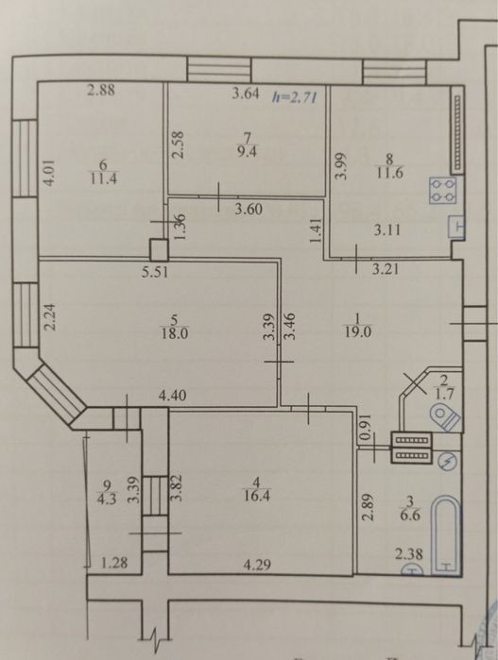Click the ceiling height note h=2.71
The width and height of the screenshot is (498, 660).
(295, 97)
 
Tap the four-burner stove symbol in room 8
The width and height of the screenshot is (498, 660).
(443, 190)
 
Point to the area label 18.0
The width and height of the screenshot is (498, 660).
(174, 334)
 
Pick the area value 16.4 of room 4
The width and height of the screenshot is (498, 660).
(257, 496)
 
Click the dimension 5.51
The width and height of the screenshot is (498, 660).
(155, 273)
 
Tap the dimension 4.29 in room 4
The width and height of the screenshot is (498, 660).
(257, 564)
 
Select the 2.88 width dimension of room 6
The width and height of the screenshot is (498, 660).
(101, 90)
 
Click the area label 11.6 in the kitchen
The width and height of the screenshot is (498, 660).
(389, 173)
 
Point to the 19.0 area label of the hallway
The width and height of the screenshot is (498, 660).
(357, 332)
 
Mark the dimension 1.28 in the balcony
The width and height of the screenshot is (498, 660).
(114, 563)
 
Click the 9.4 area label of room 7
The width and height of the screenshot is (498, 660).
(247, 151)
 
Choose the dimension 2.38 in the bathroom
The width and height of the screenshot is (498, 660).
(409, 553)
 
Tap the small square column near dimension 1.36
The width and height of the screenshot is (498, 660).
(160, 249)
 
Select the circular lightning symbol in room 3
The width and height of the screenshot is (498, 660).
(448, 462)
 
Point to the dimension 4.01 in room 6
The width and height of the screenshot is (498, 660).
(50, 172)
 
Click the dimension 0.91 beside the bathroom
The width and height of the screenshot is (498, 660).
(366, 426)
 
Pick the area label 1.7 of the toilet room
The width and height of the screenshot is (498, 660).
(443, 396)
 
